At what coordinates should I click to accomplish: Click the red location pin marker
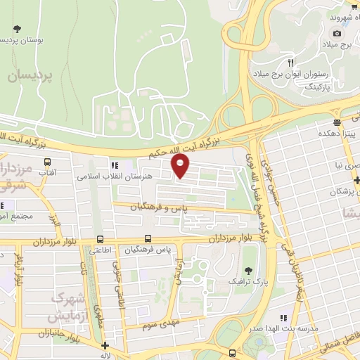pos(181,165)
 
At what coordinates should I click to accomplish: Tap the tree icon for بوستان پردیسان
pos(18,29)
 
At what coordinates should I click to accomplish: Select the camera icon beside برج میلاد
pos(337,33)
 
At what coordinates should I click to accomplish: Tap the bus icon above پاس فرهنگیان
pos(148,238)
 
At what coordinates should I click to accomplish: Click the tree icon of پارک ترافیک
pos(247,270)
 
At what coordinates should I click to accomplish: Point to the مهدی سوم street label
pos(160,324)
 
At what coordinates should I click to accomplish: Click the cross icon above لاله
pos(105,345)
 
